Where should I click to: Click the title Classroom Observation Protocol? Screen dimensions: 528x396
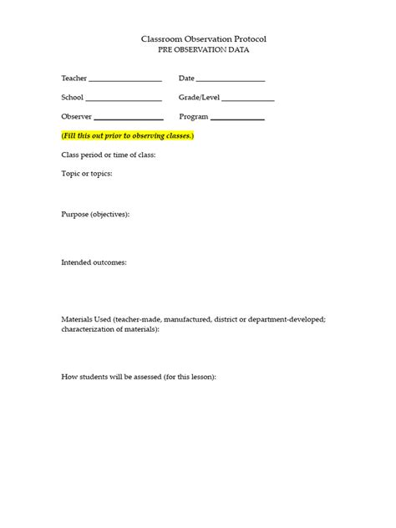pos(204,39)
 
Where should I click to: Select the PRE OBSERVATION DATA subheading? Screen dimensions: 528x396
pos(204,50)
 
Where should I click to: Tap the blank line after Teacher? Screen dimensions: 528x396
pos(124,81)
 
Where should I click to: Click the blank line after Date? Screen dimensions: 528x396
pos(231,81)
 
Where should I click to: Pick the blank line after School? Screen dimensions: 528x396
pos(124,100)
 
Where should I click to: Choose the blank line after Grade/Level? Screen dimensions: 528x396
pos(248,100)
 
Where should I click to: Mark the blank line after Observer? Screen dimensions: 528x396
pos(129,119)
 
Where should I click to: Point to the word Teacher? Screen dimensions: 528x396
pos(74,79)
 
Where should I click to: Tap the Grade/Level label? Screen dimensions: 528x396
pos(199,98)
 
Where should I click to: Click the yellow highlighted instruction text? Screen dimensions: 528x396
pos(128,135)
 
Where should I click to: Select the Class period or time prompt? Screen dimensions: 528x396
pos(108,155)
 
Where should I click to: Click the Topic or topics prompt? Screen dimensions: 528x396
pos(86,174)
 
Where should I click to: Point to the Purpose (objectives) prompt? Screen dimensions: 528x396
pos(95,214)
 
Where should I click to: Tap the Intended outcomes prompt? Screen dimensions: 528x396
pos(94,262)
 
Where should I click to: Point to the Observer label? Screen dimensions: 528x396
pos(76,117)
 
